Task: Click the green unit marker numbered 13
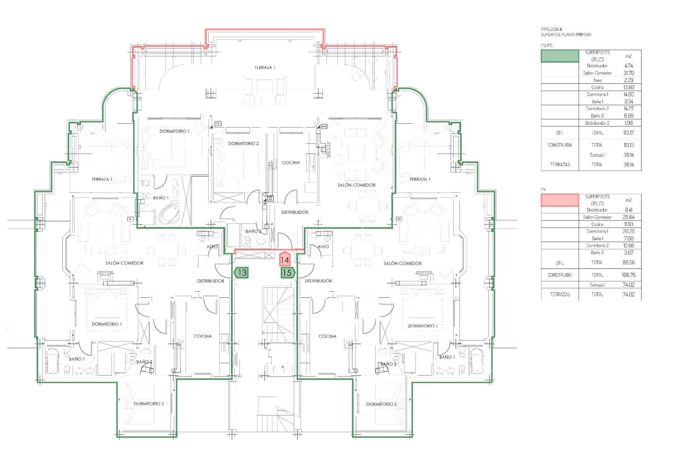coord(242,272)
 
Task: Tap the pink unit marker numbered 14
coord(284,260)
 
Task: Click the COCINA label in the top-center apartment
coord(291,163)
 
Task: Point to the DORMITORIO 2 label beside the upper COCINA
coord(243,144)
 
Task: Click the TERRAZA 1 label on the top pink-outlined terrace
coord(265,67)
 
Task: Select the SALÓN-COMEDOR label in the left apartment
coord(124,263)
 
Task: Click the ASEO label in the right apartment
coord(323,247)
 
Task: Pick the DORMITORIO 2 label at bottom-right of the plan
coord(381,404)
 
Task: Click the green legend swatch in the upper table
coord(560,56)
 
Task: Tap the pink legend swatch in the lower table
coord(560,200)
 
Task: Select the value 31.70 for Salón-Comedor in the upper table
coord(628,73)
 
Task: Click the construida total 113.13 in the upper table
coord(628,145)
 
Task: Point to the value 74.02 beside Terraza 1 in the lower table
coord(628,285)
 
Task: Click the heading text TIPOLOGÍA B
coord(551,30)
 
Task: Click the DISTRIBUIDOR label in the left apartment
coord(210,281)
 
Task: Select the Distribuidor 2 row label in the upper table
coord(597,123)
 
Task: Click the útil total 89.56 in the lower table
coord(628,263)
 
